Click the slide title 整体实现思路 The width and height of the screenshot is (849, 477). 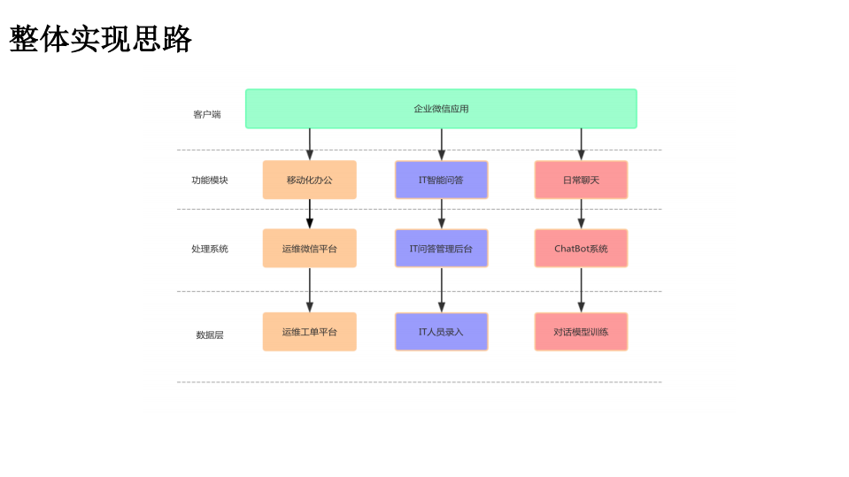pos(100,39)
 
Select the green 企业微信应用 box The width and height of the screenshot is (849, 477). pos(441,109)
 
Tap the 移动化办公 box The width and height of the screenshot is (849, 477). pos(309,180)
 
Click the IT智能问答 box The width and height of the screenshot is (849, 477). pos(441,180)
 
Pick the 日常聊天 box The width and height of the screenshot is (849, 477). pos(581,180)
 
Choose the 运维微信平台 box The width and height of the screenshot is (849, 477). pos(309,249)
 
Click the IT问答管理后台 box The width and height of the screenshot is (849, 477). pos(441,249)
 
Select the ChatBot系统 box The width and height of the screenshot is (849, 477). pos(581,249)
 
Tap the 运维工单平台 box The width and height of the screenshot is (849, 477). pos(309,332)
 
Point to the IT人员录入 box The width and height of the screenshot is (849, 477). pos(441,332)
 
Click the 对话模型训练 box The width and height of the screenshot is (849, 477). pos(581,332)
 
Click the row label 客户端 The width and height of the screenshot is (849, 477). pos(207,114)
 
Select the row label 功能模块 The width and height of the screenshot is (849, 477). pos(210,180)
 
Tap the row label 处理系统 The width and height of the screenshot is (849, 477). pos(210,249)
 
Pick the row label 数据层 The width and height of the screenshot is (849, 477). pos(210,335)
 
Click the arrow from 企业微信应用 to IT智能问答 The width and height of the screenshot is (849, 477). pos(442,144)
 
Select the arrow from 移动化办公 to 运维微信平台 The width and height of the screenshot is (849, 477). pos(310,214)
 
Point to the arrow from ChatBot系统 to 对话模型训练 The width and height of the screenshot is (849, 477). pos(582,290)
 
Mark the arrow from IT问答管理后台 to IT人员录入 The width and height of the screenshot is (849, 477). pos(442,290)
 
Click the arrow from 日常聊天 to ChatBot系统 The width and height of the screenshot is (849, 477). pos(582,214)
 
